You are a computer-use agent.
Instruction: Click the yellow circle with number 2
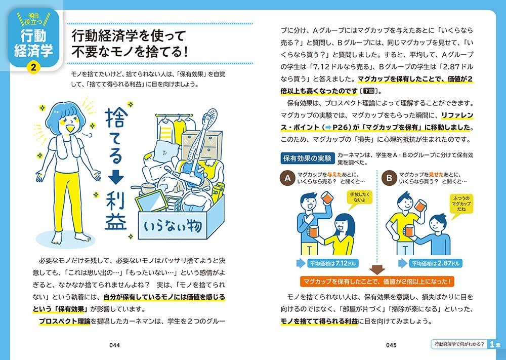33,67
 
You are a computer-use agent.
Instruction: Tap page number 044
114,345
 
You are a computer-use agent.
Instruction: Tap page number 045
391,345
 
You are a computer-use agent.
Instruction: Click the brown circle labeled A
288,178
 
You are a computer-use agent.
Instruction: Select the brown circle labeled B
389,178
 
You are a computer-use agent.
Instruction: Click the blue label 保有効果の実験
307,158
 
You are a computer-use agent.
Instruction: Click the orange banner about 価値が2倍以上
377,281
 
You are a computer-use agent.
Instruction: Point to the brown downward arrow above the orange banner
377,270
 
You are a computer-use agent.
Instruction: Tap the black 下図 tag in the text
369,91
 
